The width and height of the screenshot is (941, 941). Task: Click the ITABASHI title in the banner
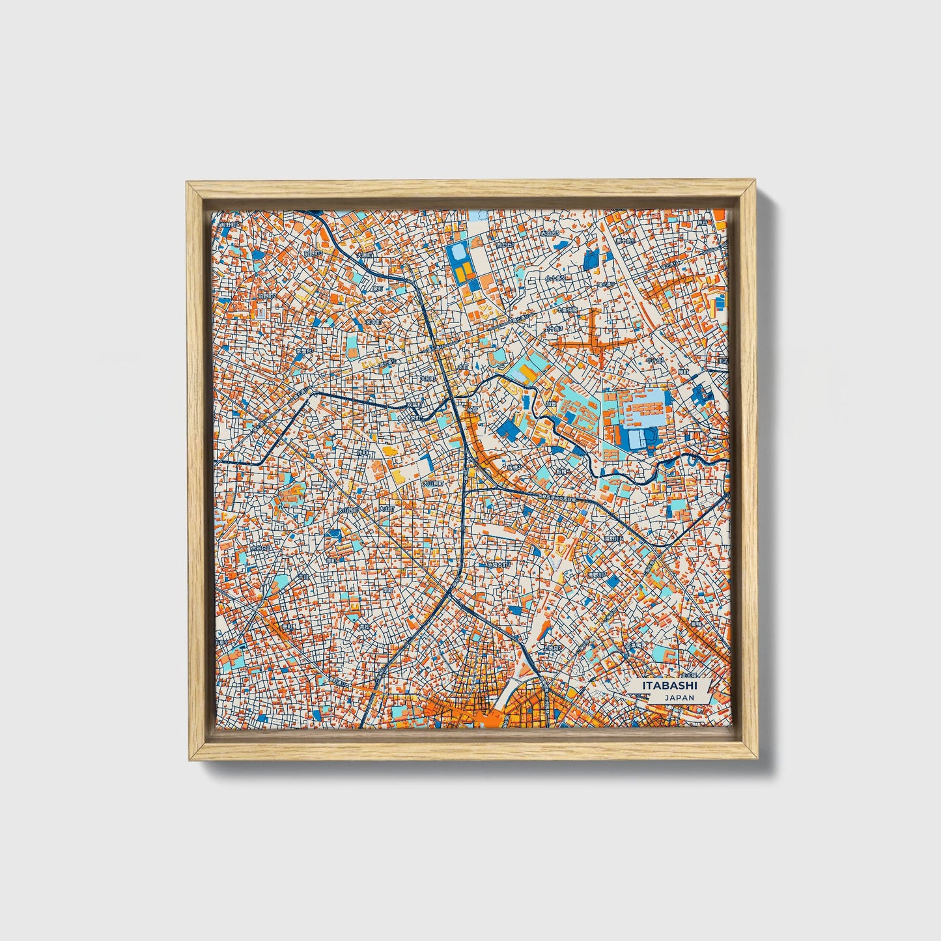pyautogui.click(x=669, y=686)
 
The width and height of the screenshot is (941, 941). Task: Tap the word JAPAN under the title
pyautogui.click(x=679, y=697)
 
